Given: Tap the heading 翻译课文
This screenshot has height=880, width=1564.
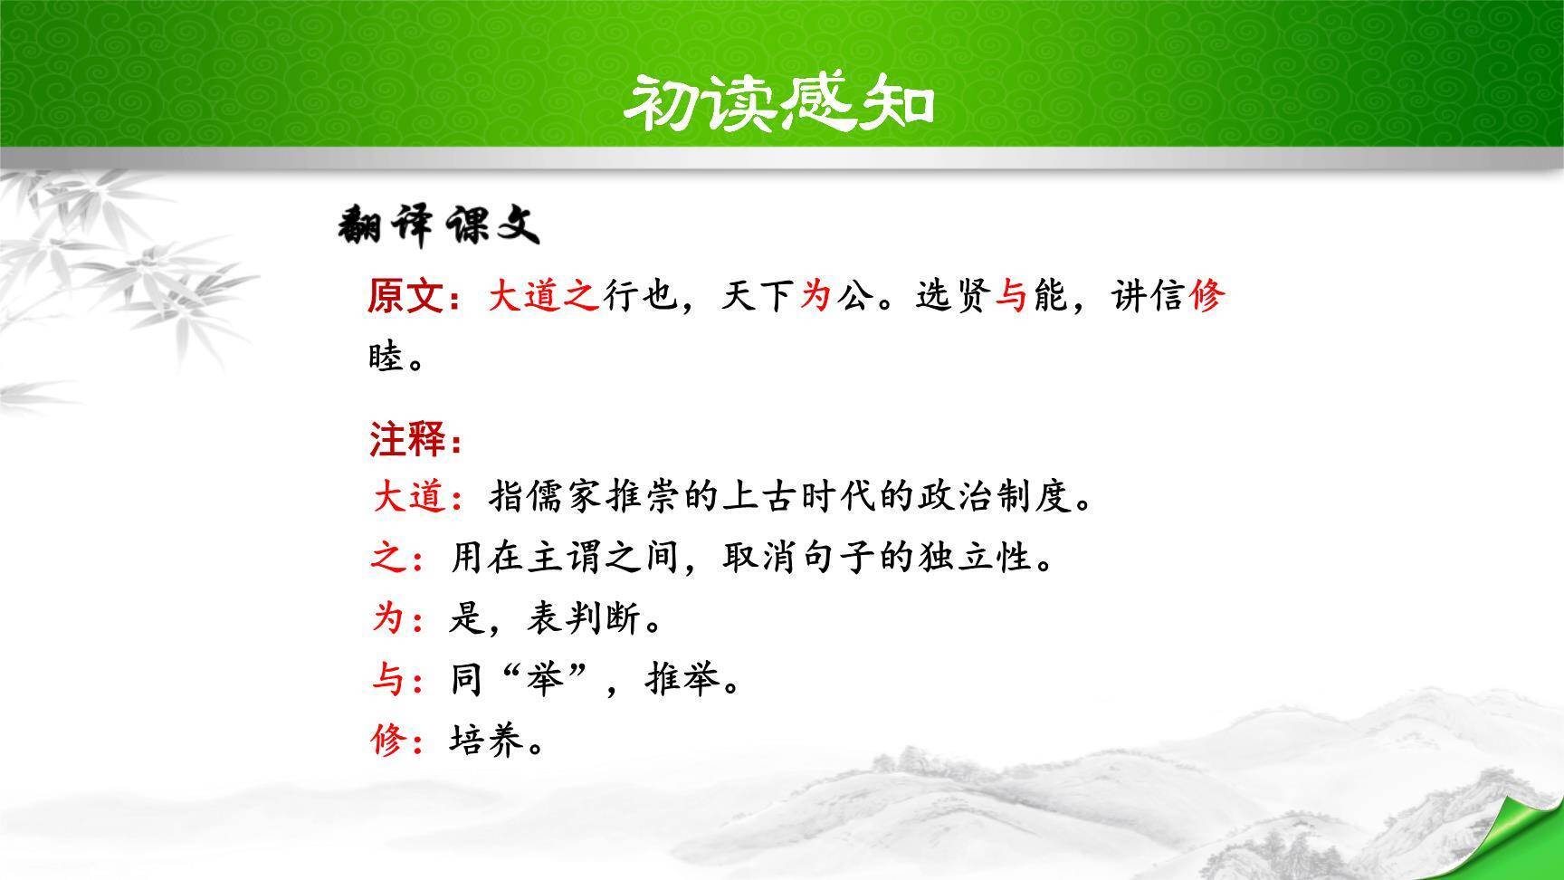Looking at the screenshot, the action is coord(439,225).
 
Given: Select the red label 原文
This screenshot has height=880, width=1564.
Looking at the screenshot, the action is coord(405,296).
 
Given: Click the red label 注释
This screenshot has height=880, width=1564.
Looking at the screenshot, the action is coord(406,441).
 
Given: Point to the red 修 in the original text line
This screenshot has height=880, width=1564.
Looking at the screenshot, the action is coord(1206,296).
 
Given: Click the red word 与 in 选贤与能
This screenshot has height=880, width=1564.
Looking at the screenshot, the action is coord(1011,296).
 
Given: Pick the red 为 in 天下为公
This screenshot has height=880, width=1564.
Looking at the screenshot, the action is coord(815,296).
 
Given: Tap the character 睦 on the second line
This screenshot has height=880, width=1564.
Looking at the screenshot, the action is coord(386,358).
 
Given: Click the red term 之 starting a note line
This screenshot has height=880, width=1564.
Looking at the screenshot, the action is coord(388,558).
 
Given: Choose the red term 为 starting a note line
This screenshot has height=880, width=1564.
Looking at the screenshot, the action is coord(388,619).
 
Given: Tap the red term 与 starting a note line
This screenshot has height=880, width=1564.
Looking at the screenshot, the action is coord(388,680).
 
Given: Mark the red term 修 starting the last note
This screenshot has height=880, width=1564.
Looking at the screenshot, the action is coord(388,741).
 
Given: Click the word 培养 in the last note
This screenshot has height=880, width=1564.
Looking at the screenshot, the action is coord(487,741).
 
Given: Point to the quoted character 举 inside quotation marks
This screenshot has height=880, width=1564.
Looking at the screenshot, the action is coord(546,680).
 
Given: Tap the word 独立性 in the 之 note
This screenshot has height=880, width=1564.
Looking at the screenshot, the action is coord(976,558).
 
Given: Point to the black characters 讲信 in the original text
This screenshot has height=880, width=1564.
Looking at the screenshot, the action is coord(1149,296).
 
